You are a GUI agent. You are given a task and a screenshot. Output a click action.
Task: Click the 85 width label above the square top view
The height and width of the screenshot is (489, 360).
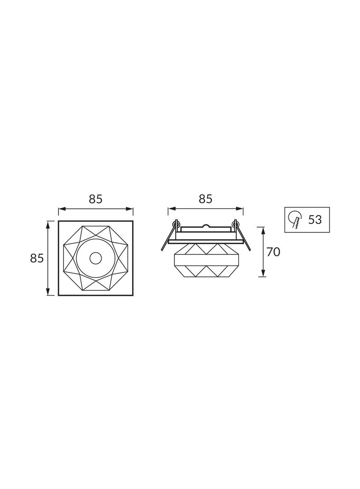[x=96, y=199]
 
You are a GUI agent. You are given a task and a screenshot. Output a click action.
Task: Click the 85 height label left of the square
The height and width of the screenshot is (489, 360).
[x=37, y=258]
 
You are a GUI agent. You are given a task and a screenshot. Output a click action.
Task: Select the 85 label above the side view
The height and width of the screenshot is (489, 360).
[x=205, y=199]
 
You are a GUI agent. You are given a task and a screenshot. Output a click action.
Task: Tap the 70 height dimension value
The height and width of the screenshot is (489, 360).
[x=274, y=252]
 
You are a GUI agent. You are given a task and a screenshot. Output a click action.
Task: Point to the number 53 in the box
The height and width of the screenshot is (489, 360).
[x=315, y=220]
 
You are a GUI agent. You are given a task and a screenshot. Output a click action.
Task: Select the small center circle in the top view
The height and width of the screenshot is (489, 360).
[x=96, y=258]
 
